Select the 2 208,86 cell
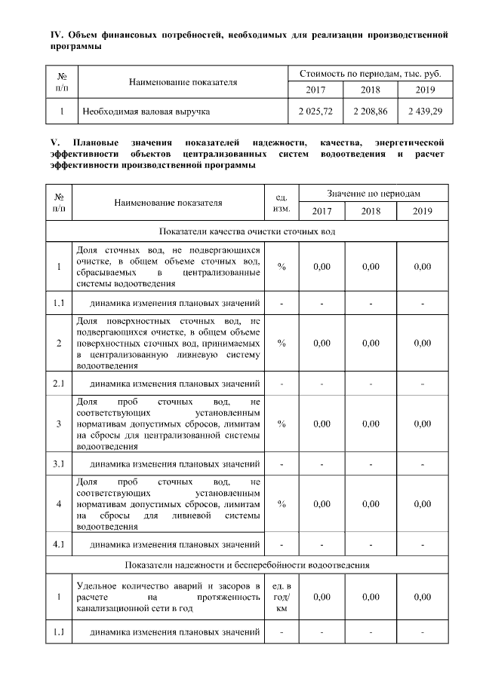coord(370,112)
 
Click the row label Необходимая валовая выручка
coord(146,112)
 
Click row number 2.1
coord(58,384)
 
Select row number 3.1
coord(58,463)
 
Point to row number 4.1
coord(58,543)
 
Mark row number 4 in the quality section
coord(58,503)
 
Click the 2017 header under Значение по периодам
coord(321,211)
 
